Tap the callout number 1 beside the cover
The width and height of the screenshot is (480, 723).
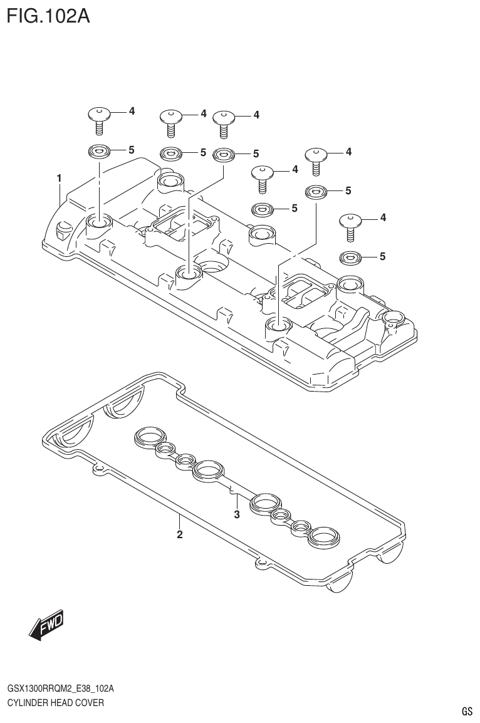[59, 179]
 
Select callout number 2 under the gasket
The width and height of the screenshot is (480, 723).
[179, 534]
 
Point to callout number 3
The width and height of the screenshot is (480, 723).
[237, 515]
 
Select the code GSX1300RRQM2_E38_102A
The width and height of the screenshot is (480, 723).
[61, 689]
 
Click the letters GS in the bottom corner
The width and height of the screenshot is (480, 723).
[466, 711]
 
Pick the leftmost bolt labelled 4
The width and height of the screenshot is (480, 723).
[99, 118]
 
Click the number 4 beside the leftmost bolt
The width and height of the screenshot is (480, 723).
[132, 111]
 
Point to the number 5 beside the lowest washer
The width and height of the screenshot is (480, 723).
[382, 256]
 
